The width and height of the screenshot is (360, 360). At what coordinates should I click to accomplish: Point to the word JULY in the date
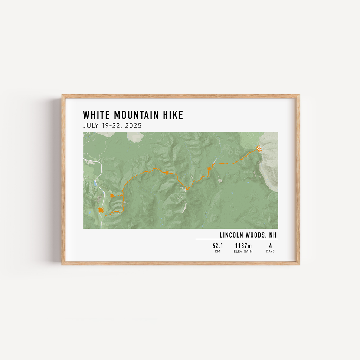pos(91,125)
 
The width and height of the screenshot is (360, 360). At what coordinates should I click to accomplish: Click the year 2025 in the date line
pos(134,125)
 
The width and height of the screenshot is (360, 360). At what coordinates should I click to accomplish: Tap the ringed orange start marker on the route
pos(101,210)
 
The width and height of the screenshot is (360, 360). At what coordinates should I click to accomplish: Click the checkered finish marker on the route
pos(259,148)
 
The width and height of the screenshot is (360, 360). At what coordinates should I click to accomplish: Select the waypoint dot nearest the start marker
pos(112,196)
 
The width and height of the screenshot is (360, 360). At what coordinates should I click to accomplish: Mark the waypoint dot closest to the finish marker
pos(209,169)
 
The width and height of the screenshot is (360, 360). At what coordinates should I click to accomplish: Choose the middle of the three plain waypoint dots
pos(167,173)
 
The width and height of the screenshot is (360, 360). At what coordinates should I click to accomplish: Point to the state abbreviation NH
pos(273,235)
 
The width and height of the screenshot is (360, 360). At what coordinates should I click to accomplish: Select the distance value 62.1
pos(217,246)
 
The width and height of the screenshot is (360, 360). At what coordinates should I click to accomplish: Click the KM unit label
pos(217,252)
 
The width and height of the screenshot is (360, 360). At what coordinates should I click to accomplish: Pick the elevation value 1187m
pos(243,246)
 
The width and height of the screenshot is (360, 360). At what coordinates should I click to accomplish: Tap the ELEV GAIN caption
pos(243,252)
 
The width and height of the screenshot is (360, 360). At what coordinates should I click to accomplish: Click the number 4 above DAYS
pos(270,246)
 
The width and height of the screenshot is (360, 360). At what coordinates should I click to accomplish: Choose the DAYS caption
pos(270,252)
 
